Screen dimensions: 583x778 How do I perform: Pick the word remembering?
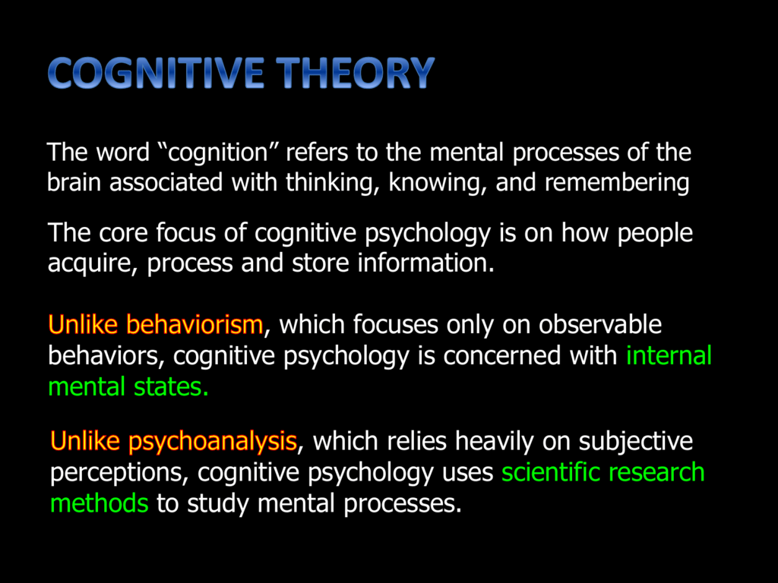618,183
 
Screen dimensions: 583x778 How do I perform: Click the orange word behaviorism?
194,325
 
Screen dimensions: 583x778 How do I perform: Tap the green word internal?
669,355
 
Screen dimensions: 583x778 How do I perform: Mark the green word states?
172,386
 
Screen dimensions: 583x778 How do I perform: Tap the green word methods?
100,503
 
